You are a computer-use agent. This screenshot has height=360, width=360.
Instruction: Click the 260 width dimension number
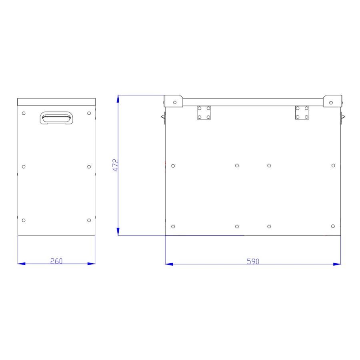pos(56,261)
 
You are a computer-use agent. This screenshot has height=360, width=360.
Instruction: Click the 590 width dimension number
pos(253,261)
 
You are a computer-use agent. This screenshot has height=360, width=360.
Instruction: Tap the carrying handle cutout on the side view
pos(56,118)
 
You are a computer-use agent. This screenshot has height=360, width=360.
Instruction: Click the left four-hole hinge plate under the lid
pos(204,112)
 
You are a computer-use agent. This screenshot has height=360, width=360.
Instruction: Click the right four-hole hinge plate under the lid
pos(302,112)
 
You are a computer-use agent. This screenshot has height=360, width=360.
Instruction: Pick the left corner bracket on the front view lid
pos(174,101)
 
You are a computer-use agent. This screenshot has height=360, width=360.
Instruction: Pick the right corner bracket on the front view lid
pos(332,101)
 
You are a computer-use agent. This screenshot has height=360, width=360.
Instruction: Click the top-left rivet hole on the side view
pos(24,113)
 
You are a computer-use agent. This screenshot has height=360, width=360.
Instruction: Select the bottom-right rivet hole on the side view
pos(89,220)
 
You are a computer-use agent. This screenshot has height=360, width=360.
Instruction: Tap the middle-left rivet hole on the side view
pos(24,166)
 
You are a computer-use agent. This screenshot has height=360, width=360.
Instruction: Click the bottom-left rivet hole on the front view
pos(173,226)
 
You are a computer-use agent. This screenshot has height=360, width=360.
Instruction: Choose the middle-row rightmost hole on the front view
pos(333,166)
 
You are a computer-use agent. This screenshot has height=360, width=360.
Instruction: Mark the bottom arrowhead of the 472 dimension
pos(118,232)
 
